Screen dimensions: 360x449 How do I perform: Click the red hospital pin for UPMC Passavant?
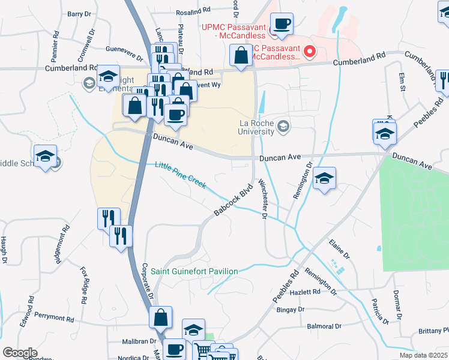point(310,51)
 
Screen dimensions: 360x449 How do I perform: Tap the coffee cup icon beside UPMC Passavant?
point(282,25)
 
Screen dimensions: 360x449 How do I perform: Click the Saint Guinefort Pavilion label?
point(194,271)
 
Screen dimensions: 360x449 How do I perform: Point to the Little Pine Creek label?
point(180,175)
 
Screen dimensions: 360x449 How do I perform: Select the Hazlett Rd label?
point(308,292)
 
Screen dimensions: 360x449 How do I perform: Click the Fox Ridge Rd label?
point(83,285)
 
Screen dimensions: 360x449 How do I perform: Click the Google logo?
point(20,352)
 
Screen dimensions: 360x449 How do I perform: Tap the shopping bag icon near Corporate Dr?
point(161,317)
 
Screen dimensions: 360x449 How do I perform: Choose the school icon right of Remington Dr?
point(324,178)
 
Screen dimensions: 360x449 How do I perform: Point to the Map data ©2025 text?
point(424,355)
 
